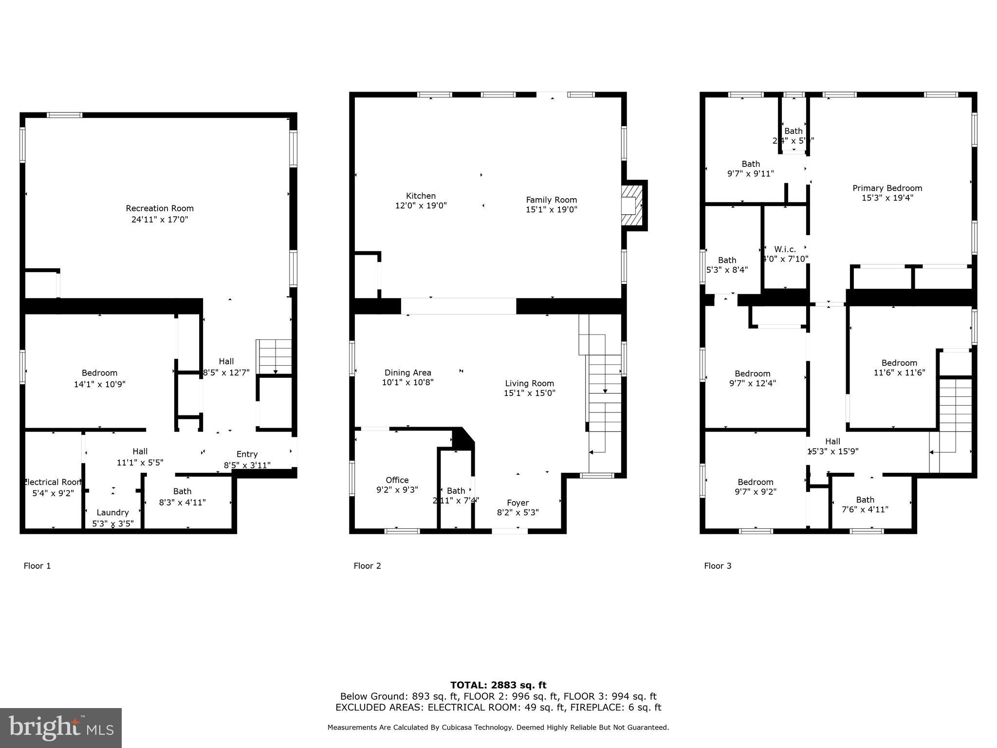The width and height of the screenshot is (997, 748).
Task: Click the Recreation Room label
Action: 160,208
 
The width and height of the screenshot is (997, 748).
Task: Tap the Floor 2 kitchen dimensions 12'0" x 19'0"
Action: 421,206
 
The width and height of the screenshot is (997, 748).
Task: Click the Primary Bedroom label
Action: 887,188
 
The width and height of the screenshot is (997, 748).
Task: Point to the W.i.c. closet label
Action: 785,249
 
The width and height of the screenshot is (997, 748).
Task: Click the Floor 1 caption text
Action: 37,566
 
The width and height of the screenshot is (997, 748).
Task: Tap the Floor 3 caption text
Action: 718,566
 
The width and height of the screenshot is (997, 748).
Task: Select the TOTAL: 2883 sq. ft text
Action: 498,685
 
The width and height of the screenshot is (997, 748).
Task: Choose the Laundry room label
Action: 112,512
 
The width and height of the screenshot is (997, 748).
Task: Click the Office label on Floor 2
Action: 397,480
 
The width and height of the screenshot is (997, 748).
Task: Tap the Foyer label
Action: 517,503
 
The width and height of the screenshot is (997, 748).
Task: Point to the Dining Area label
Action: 407,373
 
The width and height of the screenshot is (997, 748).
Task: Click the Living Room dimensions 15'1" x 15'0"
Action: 529,393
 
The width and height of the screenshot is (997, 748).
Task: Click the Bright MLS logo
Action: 61,728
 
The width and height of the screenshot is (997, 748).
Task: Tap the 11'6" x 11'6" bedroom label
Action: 899,373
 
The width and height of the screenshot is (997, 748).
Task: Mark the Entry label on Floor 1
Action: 247,454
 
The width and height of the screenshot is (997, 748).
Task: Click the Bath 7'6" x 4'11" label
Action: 865,505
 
